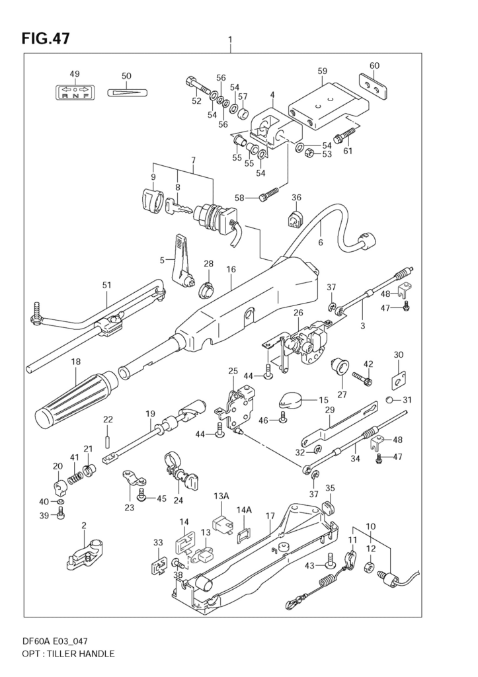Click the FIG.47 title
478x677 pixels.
pos(46,38)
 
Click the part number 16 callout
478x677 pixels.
pos(231,270)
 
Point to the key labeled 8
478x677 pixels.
pos(177,210)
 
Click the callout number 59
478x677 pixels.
pos(322,71)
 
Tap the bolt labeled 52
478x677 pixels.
pos(194,86)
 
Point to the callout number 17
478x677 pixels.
pos(270,516)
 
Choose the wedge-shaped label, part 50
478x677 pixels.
pos(126,91)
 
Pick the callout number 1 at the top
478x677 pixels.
pos(230,39)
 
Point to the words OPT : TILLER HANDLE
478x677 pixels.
pos(69,654)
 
